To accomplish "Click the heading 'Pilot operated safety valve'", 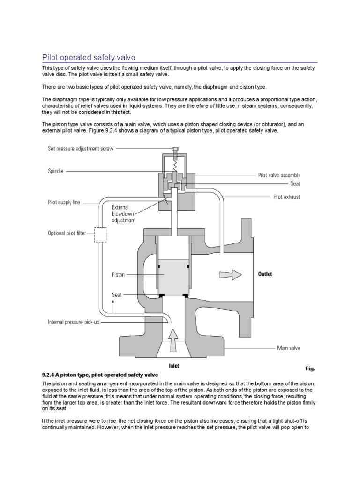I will [89, 57].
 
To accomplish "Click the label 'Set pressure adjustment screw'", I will [80, 149].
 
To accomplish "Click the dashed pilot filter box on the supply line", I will [100, 233].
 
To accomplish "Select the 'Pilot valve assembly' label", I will [279, 175].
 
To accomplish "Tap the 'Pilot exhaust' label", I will [286, 197].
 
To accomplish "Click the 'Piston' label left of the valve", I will [119, 275].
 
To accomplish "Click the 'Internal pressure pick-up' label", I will [80, 322].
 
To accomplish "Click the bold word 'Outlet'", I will [265, 274].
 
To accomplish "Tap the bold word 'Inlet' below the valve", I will [173, 366].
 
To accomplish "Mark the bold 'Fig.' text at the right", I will [311, 369].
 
